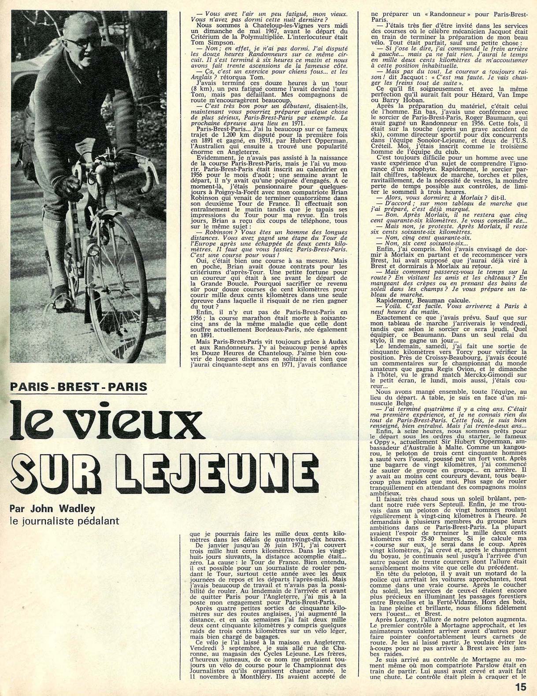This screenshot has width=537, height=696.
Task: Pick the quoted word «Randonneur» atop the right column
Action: [x=409, y=14]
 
